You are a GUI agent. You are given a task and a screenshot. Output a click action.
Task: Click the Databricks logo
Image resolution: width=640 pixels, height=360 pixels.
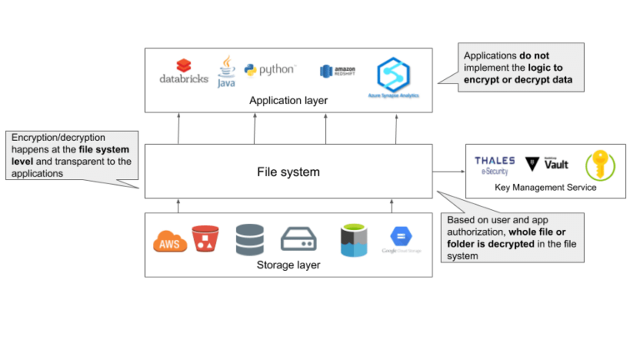(x=184, y=72)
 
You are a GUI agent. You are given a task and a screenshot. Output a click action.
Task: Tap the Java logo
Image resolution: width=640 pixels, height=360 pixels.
(x=226, y=72)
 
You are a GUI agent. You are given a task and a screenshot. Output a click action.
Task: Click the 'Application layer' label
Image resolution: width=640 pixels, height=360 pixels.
(x=288, y=101)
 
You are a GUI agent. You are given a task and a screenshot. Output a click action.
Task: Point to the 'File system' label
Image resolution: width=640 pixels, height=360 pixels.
(x=288, y=172)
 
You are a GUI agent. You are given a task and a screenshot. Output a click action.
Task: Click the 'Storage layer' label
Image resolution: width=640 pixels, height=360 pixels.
(x=288, y=266)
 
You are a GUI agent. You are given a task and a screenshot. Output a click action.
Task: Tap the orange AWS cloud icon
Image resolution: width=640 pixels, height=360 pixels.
(x=170, y=242)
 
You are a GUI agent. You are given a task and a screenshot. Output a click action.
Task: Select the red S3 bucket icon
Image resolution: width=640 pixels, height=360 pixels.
(x=203, y=239)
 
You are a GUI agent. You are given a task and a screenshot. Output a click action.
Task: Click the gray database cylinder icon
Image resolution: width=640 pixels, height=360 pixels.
(x=249, y=239)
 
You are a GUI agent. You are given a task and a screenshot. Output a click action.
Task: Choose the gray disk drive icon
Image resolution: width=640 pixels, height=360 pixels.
(x=298, y=240)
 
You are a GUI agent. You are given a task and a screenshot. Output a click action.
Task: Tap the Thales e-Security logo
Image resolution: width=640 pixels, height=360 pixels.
(x=495, y=165)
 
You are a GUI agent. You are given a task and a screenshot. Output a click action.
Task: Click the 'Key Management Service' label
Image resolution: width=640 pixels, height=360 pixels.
(x=546, y=187)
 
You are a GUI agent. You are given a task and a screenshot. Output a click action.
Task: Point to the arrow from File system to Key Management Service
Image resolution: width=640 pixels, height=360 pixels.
(x=448, y=172)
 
